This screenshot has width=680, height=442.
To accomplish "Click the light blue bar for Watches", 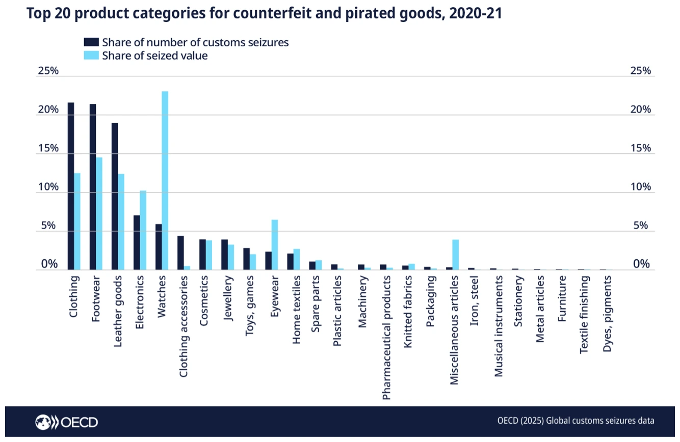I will (x=165, y=181).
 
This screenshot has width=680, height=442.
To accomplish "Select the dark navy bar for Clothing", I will (x=71, y=186).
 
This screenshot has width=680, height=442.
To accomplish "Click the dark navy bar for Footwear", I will (x=93, y=187).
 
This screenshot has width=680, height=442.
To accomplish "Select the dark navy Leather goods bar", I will (x=115, y=197).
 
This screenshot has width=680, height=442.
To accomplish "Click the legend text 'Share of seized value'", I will (x=155, y=56).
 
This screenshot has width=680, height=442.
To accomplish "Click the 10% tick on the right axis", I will (x=641, y=187).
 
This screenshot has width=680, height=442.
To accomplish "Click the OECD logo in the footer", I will (x=67, y=422).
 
